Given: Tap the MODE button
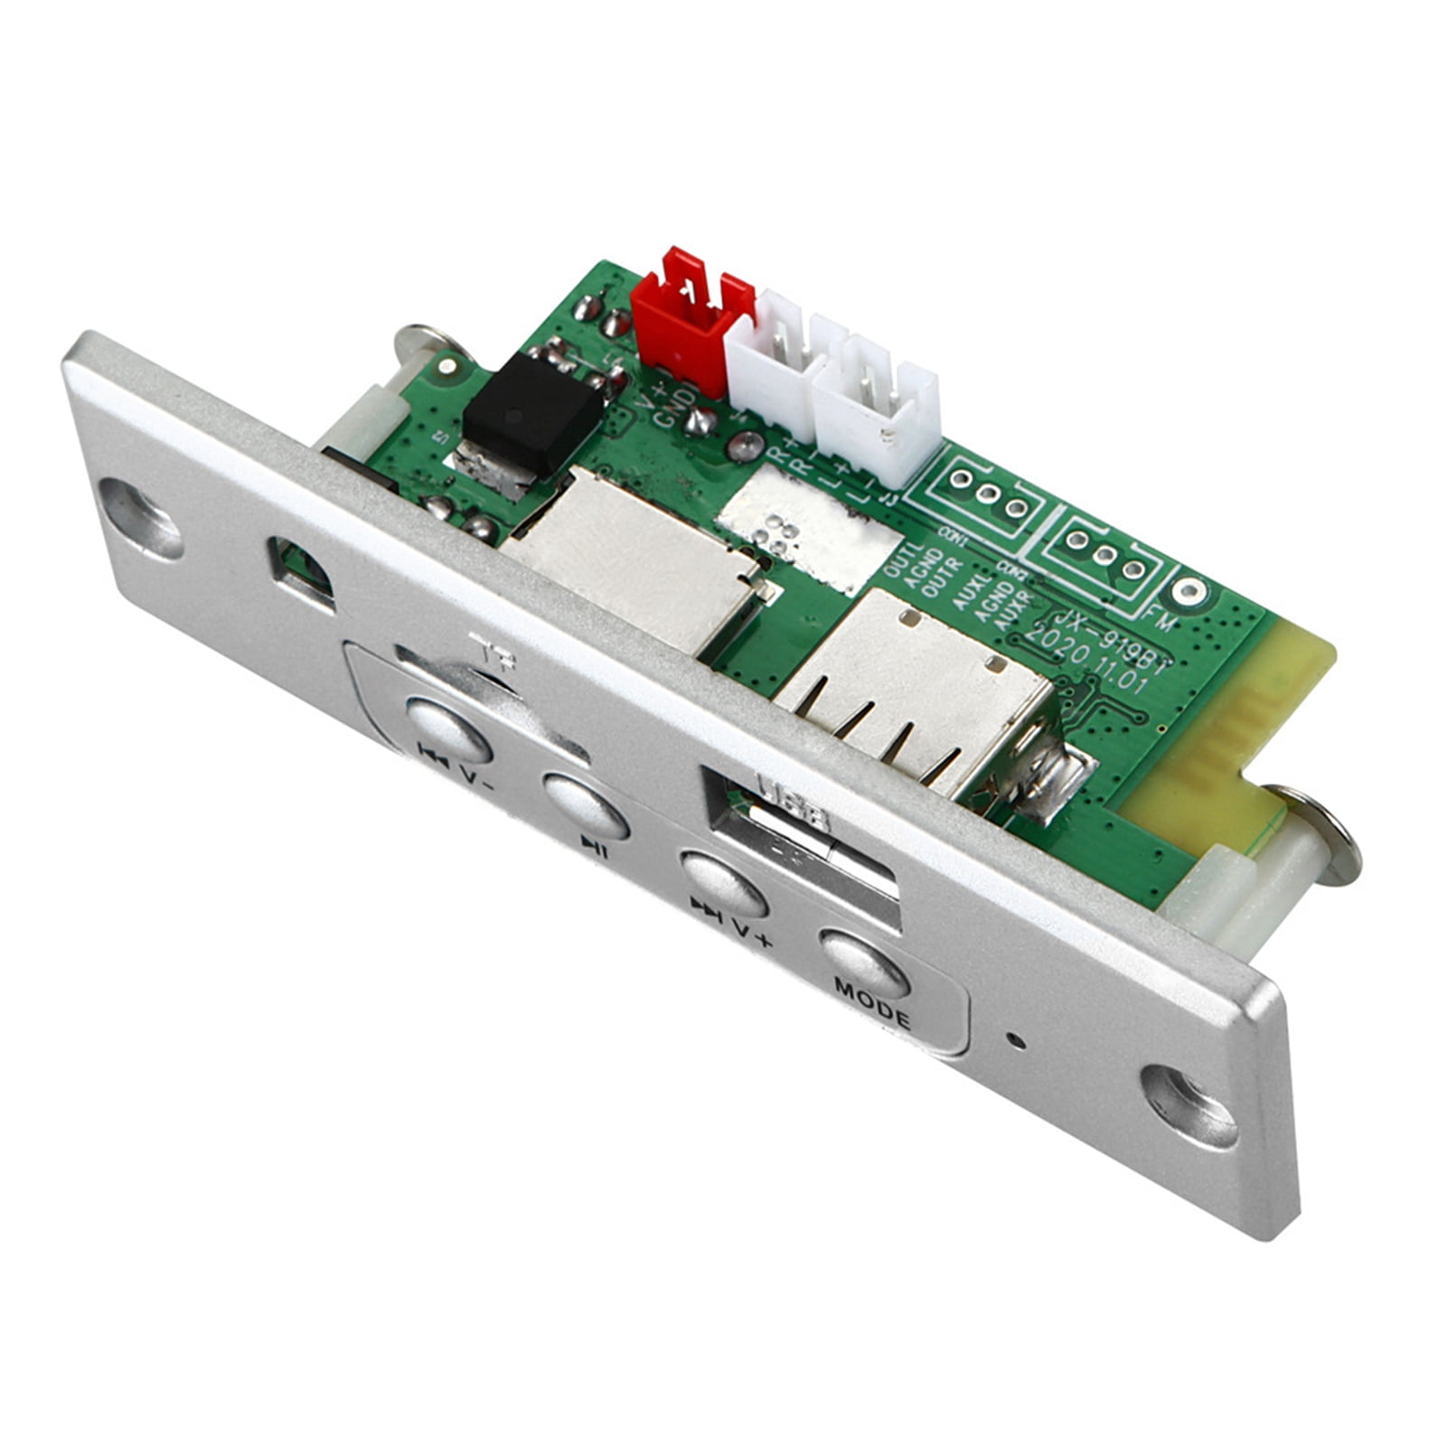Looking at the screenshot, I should (x=863, y=964).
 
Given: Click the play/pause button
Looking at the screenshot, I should (x=586, y=803).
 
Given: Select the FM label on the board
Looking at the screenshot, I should (x=1161, y=619).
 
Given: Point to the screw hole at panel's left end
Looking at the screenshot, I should (x=140, y=518).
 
